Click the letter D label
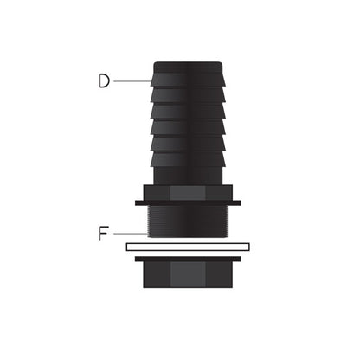tap(104, 80)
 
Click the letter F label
tap(104, 233)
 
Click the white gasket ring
tap(188, 247)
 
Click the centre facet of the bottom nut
tap(188, 276)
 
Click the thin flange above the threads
tap(188, 203)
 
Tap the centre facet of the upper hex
tap(188, 193)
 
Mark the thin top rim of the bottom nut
tap(188, 259)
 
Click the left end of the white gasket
tap(130, 247)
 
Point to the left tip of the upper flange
tap(138, 203)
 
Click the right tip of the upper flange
tap(238, 203)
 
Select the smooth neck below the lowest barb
tap(188, 175)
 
